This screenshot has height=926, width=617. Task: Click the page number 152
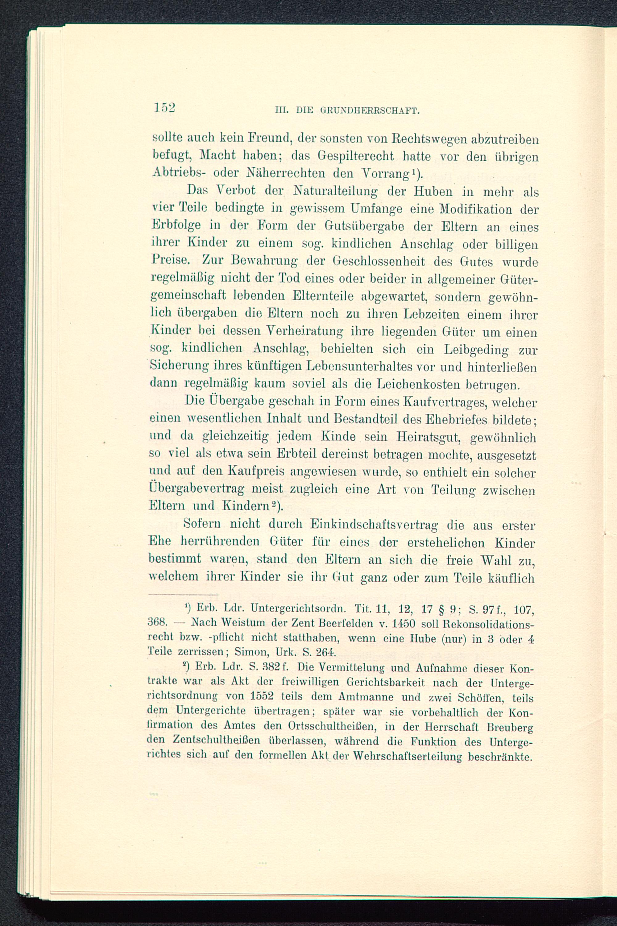point(164,108)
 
